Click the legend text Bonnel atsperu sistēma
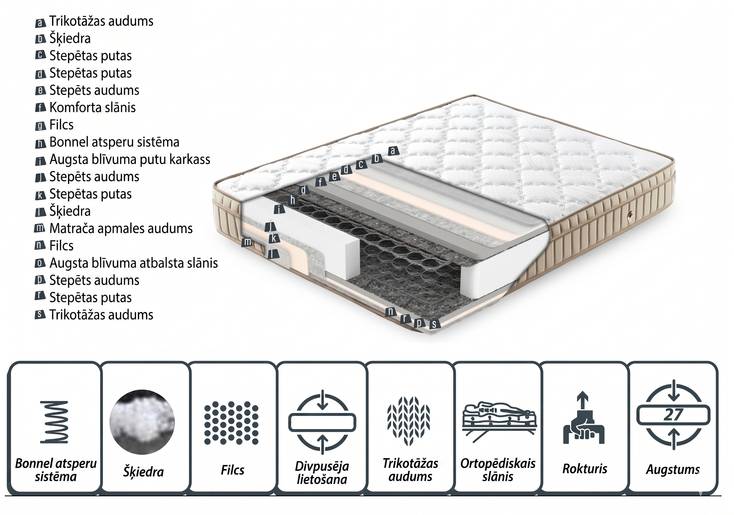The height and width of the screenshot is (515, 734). [x=114, y=142]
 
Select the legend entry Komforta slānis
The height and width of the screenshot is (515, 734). [x=92, y=108]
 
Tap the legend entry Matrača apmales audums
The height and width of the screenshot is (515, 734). [x=121, y=228]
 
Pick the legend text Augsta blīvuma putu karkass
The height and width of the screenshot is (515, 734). [x=130, y=159]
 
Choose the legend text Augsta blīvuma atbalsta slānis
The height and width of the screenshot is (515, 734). [x=133, y=263]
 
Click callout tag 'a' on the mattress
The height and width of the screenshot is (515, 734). [x=393, y=151]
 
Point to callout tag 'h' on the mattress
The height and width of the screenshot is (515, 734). [x=293, y=201]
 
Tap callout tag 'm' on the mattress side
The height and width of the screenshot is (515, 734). [x=248, y=242]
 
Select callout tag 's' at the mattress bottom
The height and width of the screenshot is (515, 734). [x=434, y=324]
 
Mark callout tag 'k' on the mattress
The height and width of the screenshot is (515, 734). [x=274, y=238]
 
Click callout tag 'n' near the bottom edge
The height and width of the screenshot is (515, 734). [x=391, y=311]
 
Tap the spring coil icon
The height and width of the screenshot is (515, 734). [x=54, y=422]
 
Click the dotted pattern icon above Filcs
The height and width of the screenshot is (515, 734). [x=231, y=423]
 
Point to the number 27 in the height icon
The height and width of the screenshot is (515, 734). [x=673, y=415]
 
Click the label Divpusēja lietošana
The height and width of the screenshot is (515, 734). [x=322, y=473]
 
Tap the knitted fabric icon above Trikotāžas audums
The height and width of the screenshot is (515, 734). [x=409, y=421]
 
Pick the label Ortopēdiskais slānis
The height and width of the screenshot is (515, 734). [x=498, y=470]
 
